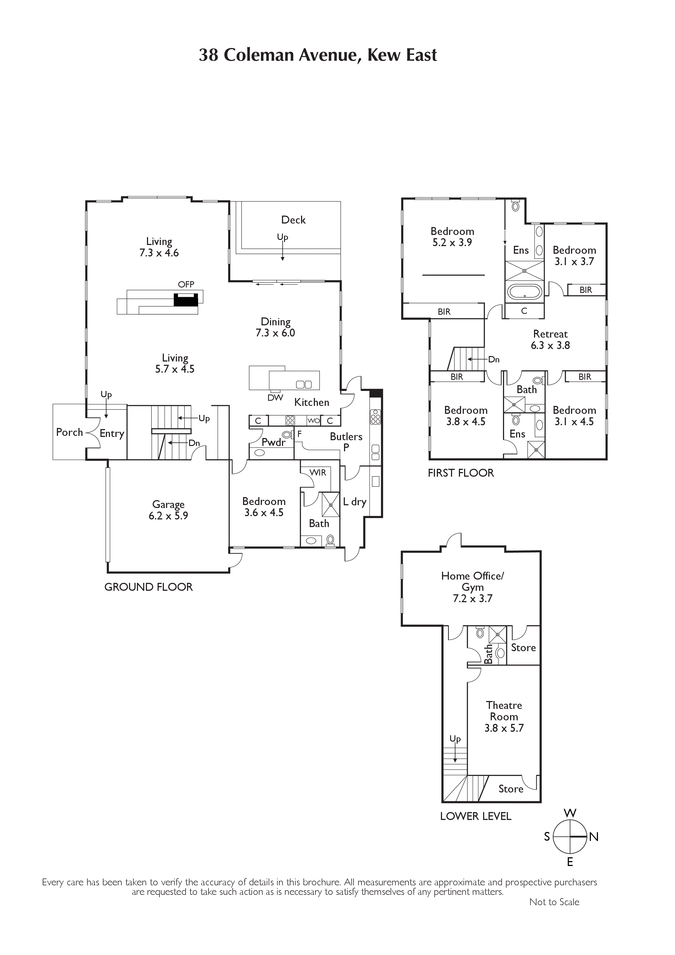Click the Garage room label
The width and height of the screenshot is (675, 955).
click(168, 504)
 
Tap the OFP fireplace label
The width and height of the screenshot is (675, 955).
click(186, 284)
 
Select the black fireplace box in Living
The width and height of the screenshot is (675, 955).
click(186, 300)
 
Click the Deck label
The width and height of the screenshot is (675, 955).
click(293, 220)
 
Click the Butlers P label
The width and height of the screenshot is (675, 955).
click(346, 442)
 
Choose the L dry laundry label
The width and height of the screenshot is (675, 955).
click(354, 502)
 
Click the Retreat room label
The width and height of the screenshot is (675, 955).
click(550, 334)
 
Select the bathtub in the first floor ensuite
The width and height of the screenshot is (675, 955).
click(524, 292)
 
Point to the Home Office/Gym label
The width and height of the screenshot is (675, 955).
click(472, 581)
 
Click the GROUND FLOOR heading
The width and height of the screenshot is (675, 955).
click(149, 587)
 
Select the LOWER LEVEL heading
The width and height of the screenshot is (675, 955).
click(476, 816)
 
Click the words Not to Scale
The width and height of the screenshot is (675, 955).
click(554, 902)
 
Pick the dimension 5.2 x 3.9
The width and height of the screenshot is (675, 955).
click(452, 243)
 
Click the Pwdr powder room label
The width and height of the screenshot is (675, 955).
click(274, 442)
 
